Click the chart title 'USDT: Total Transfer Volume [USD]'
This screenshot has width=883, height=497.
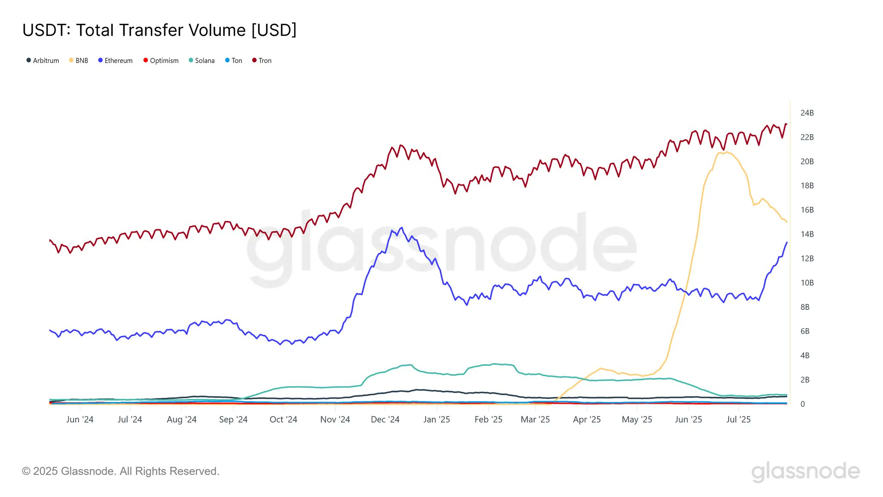pyautogui.click(x=160, y=30)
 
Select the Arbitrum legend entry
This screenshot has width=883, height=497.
pyautogui.click(x=43, y=60)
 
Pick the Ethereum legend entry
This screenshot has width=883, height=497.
pyautogui.click(x=115, y=60)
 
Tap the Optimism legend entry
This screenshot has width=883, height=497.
pyautogui.click(x=161, y=60)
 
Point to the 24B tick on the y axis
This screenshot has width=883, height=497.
pyautogui.click(x=807, y=113)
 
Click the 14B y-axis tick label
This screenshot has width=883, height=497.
pyautogui.click(x=807, y=234)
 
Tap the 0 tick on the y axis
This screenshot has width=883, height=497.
pyautogui.click(x=802, y=404)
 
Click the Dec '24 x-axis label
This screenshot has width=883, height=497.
pyautogui.click(x=385, y=419)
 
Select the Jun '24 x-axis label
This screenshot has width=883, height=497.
pyautogui.click(x=80, y=419)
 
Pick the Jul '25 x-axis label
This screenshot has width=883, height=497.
pyautogui.click(x=738, y=419)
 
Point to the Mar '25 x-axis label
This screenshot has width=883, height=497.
pyautogui.click(x=535, y=419)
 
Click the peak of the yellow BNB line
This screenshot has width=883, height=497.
pyautogui.click(x=727, y=152)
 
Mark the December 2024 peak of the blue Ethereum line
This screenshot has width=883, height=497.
pyautogui.click(x=402, y=228)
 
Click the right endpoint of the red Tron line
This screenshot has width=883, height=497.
pyautogui.click(x=786, y=125)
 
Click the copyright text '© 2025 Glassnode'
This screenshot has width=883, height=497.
pyautogui.click(x=120, y=471)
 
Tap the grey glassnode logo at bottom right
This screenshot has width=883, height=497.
pyautogui.click(x=805, y=472)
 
